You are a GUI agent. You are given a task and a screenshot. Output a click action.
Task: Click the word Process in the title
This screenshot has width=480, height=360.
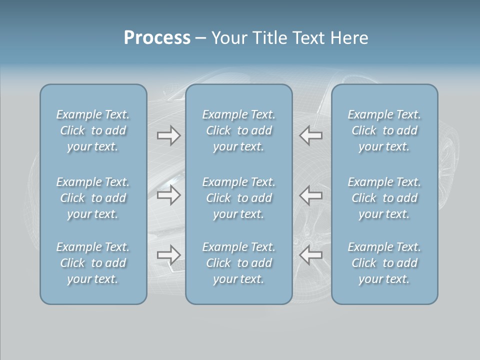(157, 38)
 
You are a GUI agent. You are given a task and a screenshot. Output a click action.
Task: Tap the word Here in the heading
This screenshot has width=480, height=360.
(349, 38)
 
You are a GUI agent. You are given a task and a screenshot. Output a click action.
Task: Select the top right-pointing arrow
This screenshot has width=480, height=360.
(169, 135)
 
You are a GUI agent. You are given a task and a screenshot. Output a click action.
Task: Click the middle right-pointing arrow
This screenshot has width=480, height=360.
(169, 195)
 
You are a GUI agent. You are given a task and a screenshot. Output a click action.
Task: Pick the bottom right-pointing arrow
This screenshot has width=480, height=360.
(169, 255)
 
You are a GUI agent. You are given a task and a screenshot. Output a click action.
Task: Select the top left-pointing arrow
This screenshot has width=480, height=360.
(310, 135)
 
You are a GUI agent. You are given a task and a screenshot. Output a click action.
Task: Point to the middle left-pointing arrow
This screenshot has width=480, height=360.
(310, 195)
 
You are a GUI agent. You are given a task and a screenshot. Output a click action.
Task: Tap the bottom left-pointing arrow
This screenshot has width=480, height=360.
(310, 255)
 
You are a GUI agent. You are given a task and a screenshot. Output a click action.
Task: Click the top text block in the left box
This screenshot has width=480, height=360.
(93, 130)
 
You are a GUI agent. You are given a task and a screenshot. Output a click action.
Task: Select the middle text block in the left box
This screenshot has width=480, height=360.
(93, 198)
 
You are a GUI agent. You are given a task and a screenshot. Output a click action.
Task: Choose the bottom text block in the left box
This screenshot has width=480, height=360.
(93, 263)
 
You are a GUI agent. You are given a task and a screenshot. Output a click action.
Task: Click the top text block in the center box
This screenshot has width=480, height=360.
(239, 130)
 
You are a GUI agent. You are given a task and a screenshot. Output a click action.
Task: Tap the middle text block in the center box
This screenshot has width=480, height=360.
(239, 198)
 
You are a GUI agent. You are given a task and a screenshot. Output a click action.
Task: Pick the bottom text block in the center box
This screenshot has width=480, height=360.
(239, 263)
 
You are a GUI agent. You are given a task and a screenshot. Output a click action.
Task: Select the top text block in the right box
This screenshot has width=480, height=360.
(384, 130)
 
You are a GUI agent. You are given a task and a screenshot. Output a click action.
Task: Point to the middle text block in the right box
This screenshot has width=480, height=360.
(384, 198)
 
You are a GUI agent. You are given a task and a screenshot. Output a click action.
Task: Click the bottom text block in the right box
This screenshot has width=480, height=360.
(384, 263)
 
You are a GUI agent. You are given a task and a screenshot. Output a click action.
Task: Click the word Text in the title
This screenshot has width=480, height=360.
(309, 38)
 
